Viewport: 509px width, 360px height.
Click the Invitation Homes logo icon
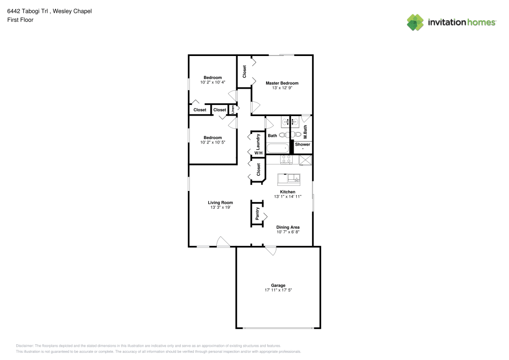415,22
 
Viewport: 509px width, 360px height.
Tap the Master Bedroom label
282,83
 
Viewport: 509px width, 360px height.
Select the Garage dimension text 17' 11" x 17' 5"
278,290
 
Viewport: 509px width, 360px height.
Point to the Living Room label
220,203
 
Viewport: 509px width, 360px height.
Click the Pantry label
258,213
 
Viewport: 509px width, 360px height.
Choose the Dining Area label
288,227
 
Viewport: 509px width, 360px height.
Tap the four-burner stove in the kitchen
287,159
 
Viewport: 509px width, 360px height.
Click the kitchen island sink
294,178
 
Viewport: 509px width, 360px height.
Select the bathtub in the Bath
278,149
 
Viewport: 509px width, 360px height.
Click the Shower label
302,145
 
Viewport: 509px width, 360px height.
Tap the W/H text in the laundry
258,153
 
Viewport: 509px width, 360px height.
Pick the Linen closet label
233,109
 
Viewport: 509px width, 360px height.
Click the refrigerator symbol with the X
305,160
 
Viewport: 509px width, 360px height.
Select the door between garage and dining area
270,250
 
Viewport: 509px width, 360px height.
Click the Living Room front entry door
223,242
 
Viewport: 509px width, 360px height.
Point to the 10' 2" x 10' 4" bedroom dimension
213,82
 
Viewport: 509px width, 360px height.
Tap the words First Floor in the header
20,20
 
